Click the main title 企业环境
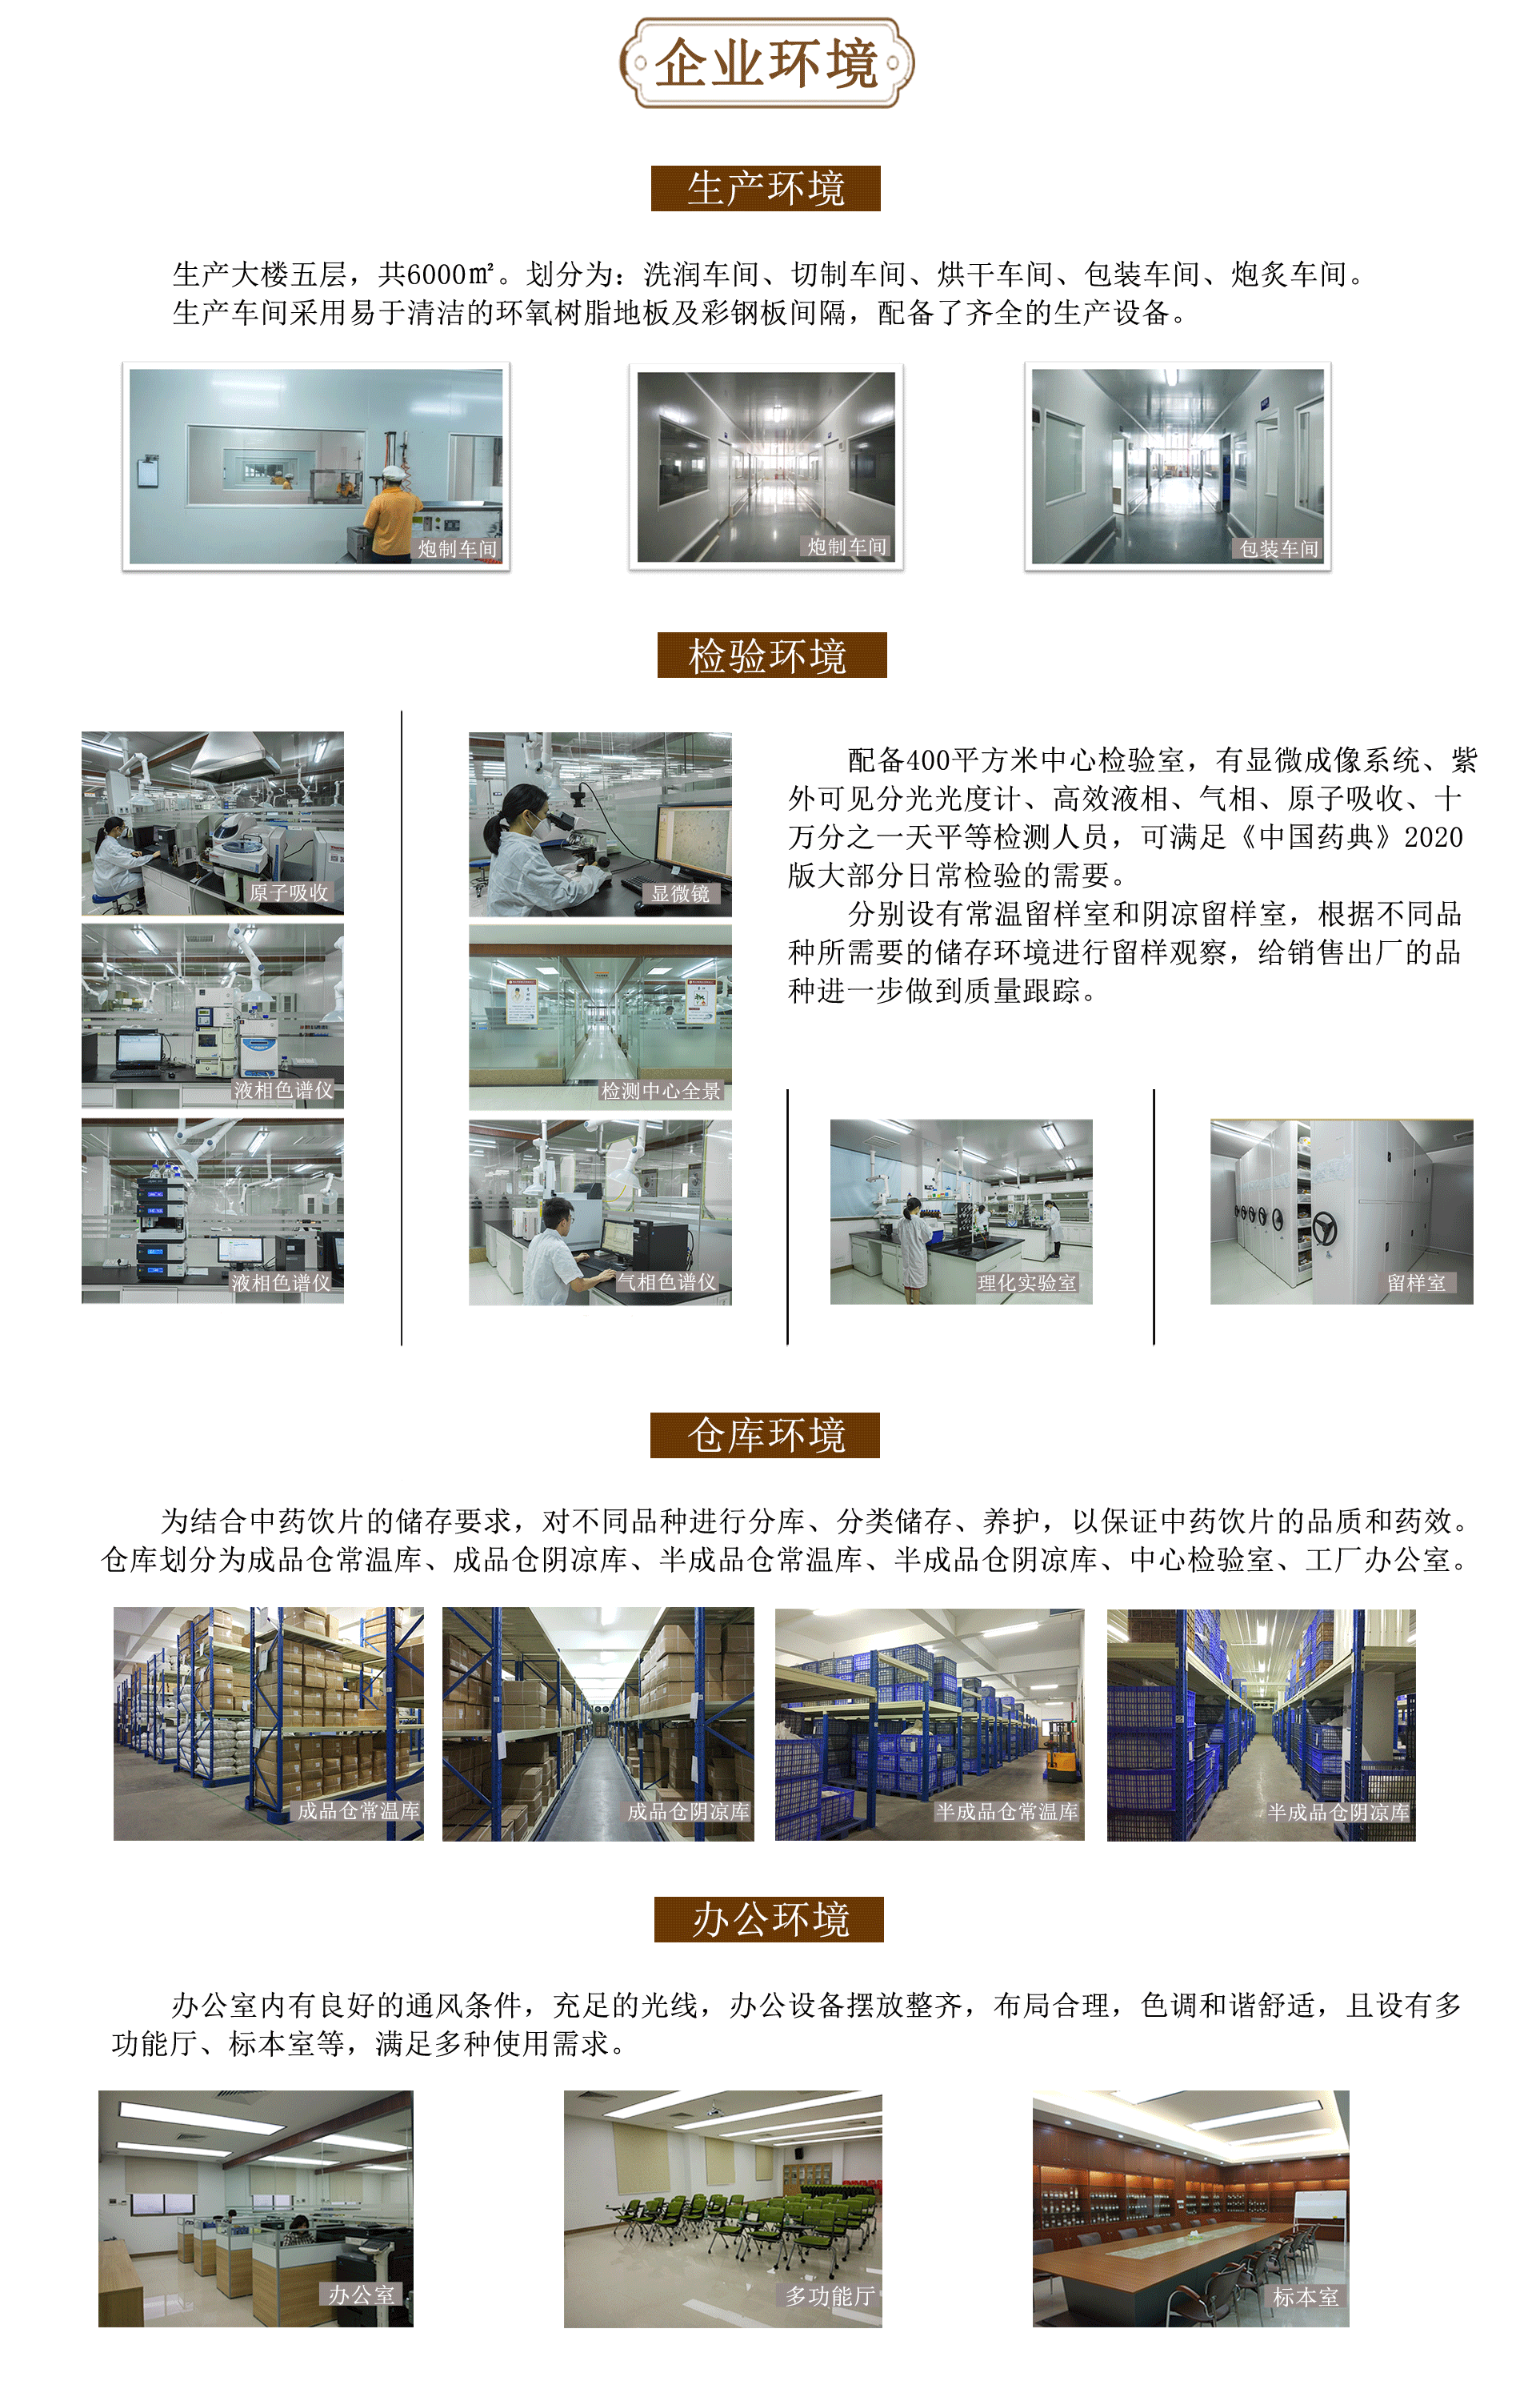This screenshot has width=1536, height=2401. (x=766, y=64)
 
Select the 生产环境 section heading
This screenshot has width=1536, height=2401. (x=766, y=189)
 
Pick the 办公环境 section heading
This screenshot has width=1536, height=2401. (x=769, y=1919)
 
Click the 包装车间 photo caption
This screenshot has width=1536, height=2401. (x=1278, y=550)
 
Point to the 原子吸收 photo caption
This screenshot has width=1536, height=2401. (x=288, y=892)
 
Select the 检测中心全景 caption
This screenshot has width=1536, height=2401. (x=660, y=1092)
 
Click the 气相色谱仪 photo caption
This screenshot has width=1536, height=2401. (x=666, y=1282)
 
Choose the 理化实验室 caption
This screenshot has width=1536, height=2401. (x=1026, y=1283)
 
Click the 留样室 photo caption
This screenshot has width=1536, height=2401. (x=1415, y=1283)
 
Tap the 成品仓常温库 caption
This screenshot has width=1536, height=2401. (x=358, y=1810)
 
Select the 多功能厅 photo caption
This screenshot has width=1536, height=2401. (x=830, y=2296)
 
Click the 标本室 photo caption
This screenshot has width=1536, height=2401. (x=1306, y=2296)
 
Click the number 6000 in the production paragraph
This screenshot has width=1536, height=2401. (x=437, y=274)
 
